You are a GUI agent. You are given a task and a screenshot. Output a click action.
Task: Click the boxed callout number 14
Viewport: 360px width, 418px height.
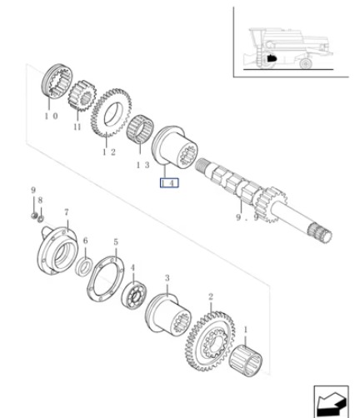169,183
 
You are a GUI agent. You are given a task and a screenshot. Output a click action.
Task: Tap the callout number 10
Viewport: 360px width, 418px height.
51,116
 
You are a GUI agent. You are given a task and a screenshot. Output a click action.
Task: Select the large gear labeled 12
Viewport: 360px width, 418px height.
111,112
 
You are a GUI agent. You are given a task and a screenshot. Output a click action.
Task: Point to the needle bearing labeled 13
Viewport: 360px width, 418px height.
141,128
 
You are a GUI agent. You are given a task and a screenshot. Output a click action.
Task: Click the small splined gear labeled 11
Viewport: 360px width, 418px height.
82,96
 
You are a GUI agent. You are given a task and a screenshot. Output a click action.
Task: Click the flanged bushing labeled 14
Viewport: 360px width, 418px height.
174,147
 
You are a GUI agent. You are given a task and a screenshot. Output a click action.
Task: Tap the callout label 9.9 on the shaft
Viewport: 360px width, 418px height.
247,217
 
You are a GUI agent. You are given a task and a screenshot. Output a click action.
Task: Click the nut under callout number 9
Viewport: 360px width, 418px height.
34,216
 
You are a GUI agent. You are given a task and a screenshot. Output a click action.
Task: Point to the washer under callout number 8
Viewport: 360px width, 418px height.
41,218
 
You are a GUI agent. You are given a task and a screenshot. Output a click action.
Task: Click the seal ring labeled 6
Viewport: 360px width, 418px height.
84,267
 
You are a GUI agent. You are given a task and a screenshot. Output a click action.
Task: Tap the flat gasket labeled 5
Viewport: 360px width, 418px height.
106,278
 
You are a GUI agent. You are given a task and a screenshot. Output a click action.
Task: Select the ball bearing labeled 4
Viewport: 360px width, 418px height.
134,295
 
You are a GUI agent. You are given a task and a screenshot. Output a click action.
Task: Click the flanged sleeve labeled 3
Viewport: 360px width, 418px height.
168,315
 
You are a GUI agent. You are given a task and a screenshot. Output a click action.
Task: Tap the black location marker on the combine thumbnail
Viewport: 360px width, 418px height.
272,58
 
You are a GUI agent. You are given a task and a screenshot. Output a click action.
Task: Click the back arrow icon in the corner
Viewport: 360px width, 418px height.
332,402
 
